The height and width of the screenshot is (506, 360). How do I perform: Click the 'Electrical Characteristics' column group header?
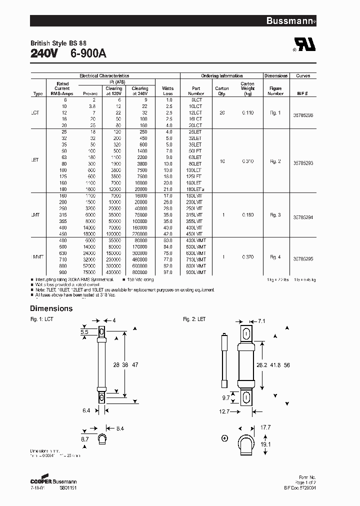(104, 76)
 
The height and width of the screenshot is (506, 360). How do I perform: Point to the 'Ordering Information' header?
(221, 76)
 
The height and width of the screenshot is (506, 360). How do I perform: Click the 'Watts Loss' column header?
(167, 91)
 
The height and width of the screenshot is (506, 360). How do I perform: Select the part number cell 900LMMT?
(195, 272)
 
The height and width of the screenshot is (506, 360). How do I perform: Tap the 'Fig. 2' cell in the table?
(275, 161)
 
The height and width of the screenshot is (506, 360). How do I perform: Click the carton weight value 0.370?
(247, 257)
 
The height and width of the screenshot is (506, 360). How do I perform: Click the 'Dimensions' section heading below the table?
(51, 308)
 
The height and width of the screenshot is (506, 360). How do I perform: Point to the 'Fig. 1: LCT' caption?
(41, 319)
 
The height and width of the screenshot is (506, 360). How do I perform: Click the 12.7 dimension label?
(224, 412)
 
